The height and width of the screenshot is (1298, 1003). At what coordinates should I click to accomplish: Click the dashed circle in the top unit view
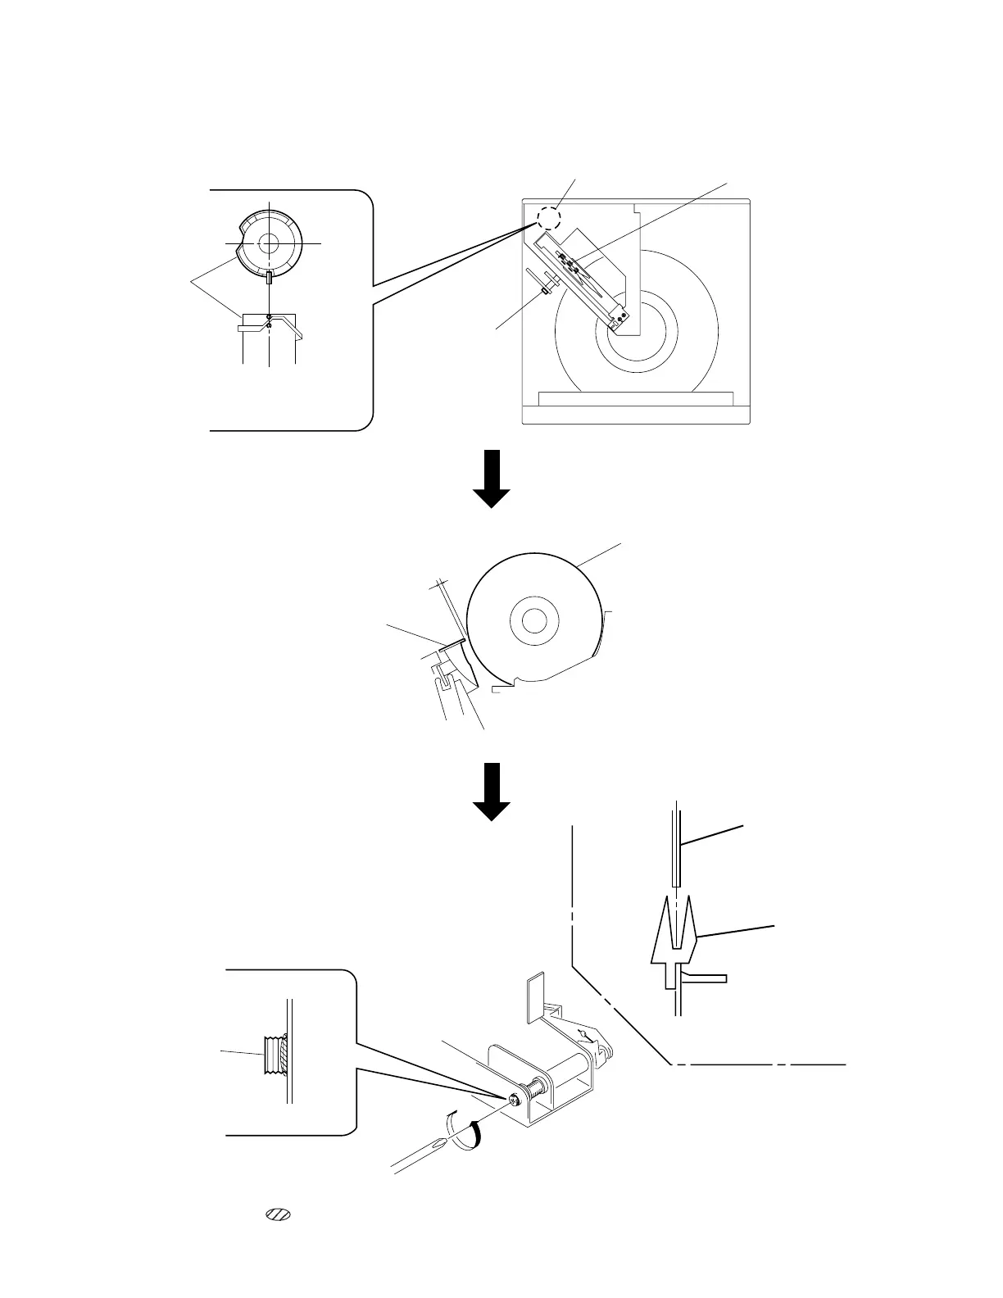click(x=548, y=216)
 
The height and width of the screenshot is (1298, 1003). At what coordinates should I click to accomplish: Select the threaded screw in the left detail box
click(x=274, y=1055)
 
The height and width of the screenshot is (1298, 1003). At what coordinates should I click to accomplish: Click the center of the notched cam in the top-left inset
click(x=268, y=243)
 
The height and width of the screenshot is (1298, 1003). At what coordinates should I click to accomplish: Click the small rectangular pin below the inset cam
click(x=268, y=278)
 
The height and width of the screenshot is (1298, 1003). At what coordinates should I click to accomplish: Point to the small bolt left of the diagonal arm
click(x=544, y=288)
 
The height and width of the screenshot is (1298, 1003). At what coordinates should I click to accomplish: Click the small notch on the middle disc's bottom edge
click(x=513, y=682)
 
